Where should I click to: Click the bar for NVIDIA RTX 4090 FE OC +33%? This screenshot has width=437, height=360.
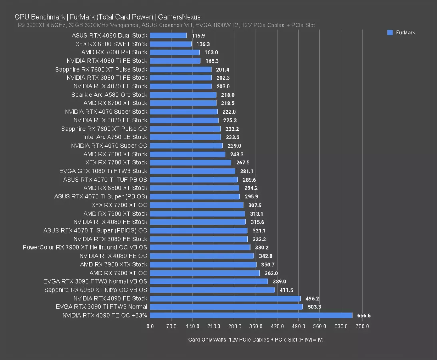(251, 315)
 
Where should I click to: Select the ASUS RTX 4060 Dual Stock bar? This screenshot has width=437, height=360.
(168, 35)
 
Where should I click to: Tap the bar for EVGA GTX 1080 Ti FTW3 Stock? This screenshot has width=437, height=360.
(193, 171)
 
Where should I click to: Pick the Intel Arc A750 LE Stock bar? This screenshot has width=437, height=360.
(186, 137)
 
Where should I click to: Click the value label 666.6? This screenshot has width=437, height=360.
(363, 316)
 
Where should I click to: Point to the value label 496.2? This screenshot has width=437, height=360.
(312, 298)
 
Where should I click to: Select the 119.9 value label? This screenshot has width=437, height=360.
(198, 36)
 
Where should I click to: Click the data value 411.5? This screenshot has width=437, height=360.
(286, 290)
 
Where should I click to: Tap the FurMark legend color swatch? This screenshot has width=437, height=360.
(390, 33)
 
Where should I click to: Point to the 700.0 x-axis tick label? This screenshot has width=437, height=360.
(362, 326)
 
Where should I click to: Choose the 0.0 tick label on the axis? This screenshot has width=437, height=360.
(150, 326)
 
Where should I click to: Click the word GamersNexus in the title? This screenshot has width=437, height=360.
(179, 17)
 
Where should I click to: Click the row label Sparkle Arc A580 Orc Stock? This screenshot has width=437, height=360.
(109, 95)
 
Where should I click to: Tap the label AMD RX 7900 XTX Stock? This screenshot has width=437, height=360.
(114, 264)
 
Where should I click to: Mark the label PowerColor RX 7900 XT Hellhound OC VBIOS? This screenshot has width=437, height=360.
(85, 247)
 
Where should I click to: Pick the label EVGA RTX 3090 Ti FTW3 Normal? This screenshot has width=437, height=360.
(102, 307)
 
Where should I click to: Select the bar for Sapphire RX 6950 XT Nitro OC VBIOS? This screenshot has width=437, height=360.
(212, 290)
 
